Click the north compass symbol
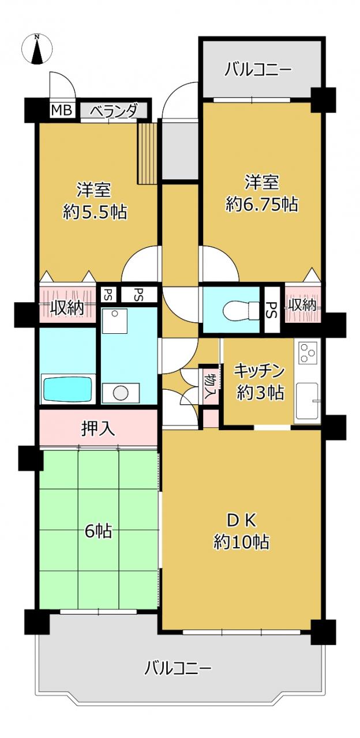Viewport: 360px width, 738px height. [37, 49]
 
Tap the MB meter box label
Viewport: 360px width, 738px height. [62, 110]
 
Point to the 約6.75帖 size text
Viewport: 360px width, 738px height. [262, 204]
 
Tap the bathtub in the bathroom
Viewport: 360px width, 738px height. [67, 389]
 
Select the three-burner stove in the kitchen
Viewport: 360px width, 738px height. [308, 352]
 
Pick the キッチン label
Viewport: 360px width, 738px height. [259, 371]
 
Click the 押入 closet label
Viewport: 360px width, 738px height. [98, 428]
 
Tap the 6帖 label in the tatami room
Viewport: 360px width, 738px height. [99, 531]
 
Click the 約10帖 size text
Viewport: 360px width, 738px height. [242, 541]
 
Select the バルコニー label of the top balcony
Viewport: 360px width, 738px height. [258, 70]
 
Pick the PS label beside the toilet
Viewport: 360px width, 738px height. [272, 310]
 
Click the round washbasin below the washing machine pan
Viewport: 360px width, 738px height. [120, 393]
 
